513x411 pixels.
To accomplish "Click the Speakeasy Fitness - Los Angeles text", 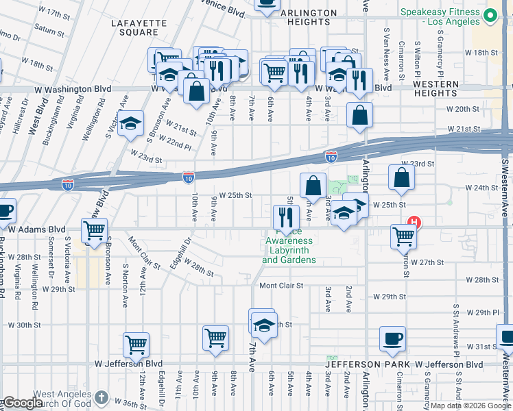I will click(x=440, y=16).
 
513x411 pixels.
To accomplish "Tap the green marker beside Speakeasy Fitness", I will click(x=490, y=14).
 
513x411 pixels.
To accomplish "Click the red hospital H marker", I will click(x=414, y=222).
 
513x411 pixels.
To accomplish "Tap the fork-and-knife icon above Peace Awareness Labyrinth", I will click(x=285, y=217).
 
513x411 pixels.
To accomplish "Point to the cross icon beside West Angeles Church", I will click(x=102, y=397).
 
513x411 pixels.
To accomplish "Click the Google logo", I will click(x=23, y=403).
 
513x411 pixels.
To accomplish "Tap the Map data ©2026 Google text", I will click(x=470, y=406).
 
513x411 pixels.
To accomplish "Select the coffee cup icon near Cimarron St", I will click(x=393, y=338).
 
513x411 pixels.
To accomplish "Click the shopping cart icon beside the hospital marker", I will click(x=403, y=237).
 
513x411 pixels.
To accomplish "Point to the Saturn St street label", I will click(x=48, y=29).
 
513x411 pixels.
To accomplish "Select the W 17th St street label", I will click(x=55, y=13).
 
